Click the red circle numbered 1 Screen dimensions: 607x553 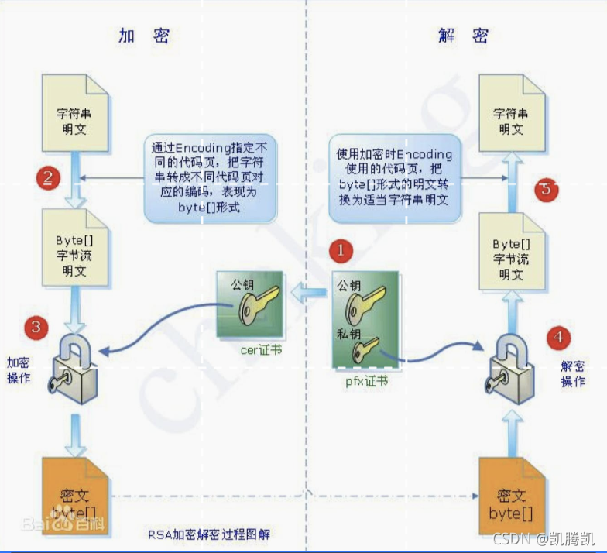click(x=341, y=250)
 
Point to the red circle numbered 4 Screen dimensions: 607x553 click(x=558, y=337)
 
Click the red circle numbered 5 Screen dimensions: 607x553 click(x=547, y=189)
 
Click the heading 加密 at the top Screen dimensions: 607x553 click(x=144, y=36)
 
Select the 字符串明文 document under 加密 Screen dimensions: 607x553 click(x=76, y=116)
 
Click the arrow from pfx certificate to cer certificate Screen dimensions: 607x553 click(x=308, y=294)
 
